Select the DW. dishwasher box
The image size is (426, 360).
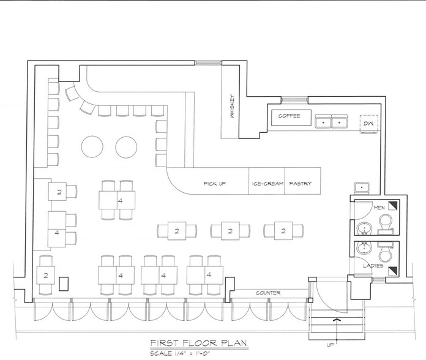click(368, 124)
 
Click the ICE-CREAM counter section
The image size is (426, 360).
click(267, 183)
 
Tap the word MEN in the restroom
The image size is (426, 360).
click(378, 208)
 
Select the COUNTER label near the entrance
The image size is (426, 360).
click(268, 293)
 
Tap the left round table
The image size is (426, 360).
click(92, 146)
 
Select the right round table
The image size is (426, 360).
click(127, 146)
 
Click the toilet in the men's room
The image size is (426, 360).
click(385, 227)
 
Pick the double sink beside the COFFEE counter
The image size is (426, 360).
click(330, 122)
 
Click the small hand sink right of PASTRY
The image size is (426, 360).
click(362, 187)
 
